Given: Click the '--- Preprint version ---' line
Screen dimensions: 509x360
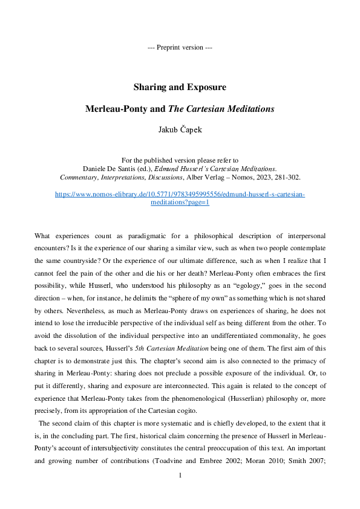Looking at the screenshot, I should coord(180,47).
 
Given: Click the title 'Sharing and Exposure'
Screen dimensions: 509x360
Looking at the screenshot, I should coord(180,87).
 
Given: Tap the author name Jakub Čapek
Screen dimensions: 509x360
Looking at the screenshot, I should coord(180,129).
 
